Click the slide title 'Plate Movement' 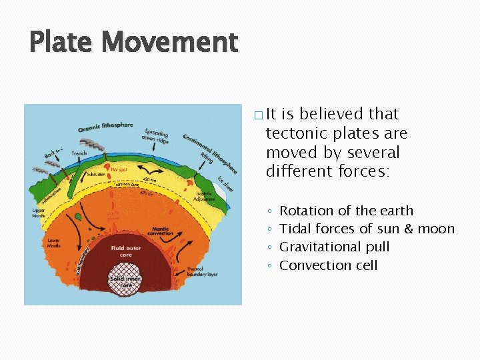[x=133, y=43]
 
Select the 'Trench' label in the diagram [x=79, y=153]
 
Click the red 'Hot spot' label [x=119, y=170]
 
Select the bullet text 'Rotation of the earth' [x=346, y=211]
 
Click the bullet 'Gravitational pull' [x=334, y=247]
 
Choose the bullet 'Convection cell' [x=328, y=265]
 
